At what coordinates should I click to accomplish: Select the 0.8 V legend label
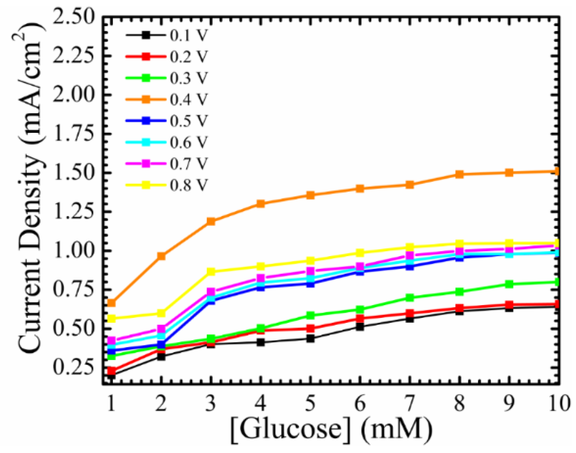click(188, 185)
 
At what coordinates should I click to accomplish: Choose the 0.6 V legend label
click(188, 142)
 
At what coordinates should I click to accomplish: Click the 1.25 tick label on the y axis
click(74, 212)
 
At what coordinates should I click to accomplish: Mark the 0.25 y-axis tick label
click(74, 368)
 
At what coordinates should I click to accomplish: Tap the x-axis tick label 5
click(310, 403)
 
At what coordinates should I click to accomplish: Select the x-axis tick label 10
click(558, 403)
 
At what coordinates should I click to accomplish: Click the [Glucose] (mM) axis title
click(331, 429)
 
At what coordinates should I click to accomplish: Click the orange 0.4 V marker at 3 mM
click(211, 221)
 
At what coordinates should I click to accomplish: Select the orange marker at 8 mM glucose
click(459, 174)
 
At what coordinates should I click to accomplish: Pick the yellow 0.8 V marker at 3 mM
click(211, 271)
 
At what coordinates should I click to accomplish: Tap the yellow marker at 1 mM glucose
click(111, 318)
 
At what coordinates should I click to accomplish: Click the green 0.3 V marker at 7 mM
click(410, 298)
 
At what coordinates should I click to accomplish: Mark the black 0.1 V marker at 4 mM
click(261, 342)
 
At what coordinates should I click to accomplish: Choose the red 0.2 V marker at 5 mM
click(310, 328)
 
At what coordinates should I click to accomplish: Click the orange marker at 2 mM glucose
click(161, 256)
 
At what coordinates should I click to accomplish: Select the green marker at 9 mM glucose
click(509, 284)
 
